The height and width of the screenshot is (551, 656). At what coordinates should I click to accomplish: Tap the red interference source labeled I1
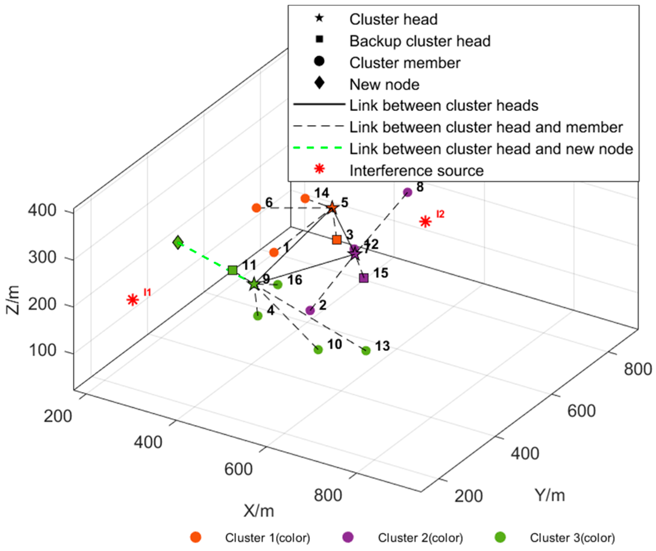(x=133, y=300)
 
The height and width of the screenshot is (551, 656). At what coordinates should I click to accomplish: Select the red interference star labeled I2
(x=426, y=221)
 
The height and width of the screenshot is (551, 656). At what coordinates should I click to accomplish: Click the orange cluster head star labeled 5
(x=332, y=208)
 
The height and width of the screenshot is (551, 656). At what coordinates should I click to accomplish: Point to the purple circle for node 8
(x=408, y=192)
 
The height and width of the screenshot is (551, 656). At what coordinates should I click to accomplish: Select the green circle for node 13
(x=366, y=351)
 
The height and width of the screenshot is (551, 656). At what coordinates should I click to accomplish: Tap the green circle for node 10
(x=318, y=350)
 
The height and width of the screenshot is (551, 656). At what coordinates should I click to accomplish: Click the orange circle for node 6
(x=256, y=208)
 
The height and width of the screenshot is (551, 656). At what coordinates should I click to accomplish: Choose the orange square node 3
(x=337, y=240)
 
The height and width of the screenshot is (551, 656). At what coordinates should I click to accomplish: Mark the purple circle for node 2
(x=310, y=311)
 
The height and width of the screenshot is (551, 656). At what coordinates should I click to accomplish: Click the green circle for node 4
(x=258, y=316)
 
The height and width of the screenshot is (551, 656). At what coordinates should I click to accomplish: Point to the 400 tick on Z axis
(x=42, y=210)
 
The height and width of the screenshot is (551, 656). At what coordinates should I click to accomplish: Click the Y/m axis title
(x=550, y=495)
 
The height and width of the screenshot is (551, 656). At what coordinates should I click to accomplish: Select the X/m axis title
(x=259, y=511)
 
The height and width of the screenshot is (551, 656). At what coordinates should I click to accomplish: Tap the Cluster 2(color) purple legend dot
(x=348, y=537)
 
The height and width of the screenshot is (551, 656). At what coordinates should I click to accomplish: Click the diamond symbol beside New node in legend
(x=319, y=83)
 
